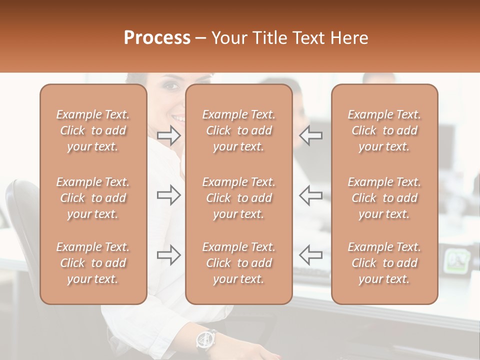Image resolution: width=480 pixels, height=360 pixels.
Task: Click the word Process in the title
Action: [157, 38]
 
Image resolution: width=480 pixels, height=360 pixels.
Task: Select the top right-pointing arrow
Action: [169, 135]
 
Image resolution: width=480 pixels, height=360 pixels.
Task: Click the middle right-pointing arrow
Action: [169, 195]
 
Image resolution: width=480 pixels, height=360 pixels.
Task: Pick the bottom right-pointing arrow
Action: [169, 255]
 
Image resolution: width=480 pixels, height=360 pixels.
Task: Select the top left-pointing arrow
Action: [310, 135]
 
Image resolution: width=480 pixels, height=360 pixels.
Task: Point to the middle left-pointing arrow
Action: [310, 195]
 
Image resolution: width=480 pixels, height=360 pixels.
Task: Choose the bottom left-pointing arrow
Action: [310, 255]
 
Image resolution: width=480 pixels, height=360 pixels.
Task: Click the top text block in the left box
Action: [93, 130]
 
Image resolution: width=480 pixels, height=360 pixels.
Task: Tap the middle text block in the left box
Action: [93, 198]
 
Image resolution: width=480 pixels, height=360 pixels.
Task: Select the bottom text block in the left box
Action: [93, 263]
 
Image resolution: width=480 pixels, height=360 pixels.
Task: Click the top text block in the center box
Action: [238, 130]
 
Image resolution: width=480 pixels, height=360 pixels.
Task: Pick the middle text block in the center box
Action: [238, 198]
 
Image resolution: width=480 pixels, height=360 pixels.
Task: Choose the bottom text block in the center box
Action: [238, 263]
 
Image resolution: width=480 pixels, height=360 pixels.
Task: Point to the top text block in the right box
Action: [384, 130]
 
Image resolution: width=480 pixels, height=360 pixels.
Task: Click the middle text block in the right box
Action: [384, 198]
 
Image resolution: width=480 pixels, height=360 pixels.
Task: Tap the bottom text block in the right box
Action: [384, 263]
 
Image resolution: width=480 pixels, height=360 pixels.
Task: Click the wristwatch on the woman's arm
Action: [205, 339]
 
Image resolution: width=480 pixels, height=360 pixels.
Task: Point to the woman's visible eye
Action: [171, 85]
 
